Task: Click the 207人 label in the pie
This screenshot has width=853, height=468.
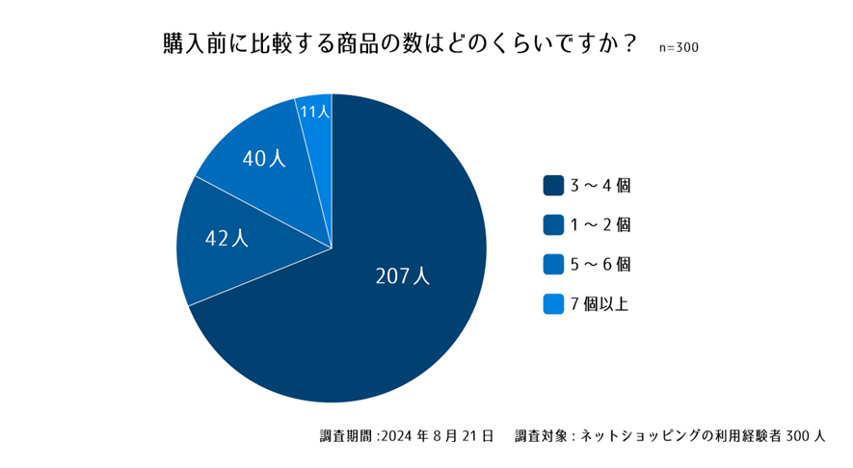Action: point(402,275)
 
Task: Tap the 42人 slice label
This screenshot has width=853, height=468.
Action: point(227,238)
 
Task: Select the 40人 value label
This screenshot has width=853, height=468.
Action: point(263,159)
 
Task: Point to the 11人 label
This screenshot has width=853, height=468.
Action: point(315,112)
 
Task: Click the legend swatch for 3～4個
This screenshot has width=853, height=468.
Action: point(553,185)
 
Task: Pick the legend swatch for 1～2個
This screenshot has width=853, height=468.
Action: point(553,224)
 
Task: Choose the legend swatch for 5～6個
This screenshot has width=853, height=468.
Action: point(553,264)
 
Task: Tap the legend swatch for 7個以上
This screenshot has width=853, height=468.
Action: point(553,304)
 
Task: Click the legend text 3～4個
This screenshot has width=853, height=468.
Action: point(600,185)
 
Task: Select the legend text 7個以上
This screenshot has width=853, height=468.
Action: point(600,304)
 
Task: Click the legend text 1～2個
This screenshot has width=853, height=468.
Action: point(600,224)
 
